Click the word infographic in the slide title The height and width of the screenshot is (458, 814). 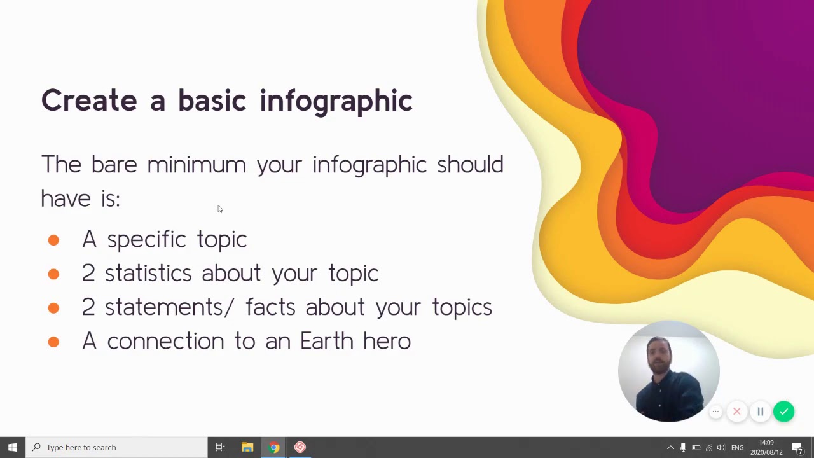tap(336, 101)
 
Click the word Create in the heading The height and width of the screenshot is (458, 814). tap(89, 101)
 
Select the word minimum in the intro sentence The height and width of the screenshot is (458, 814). tap(196, 165)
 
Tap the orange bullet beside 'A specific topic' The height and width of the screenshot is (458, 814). tap(53, 240)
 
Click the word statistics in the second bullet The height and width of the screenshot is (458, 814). tap(148, 274)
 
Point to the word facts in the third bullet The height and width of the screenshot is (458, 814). tap(270, 307)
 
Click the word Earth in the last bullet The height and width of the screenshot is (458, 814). tap(326, 341)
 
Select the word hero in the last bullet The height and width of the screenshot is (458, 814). tap(387, 341)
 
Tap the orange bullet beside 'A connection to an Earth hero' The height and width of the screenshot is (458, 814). tap(53, 342)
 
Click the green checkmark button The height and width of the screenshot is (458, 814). tap(783, 412)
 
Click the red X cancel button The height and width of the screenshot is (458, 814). tap(736, 412)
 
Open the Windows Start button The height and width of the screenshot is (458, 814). tap(13, 447)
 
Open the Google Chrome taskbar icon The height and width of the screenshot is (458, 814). tap(274, 447)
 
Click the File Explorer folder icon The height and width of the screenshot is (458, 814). tap(247, 447)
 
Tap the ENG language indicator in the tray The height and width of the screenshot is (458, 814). tap(737, 448)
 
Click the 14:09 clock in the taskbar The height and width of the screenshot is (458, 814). tap(766, 447)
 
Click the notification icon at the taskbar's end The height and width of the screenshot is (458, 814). tap(797, 448)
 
